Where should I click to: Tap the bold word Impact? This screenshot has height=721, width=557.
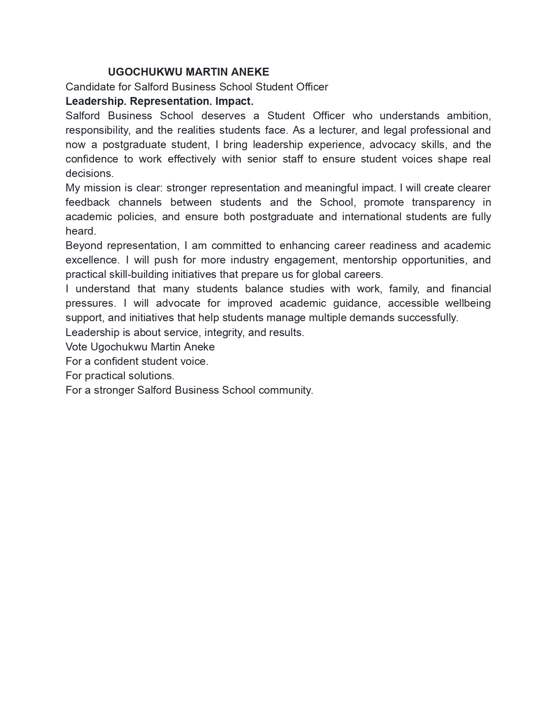tap(234, 101)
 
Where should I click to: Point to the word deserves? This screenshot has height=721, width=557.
tap(223, 116)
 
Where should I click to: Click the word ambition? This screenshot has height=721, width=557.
tap(469, 116)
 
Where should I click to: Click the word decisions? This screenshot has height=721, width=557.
tap(89, 173)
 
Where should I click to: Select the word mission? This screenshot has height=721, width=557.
tap(102, 188)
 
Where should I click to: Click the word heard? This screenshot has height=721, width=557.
tap(80, 231)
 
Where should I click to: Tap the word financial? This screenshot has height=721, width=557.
tap(471, 289)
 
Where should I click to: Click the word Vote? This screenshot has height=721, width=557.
tap(76, 347)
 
